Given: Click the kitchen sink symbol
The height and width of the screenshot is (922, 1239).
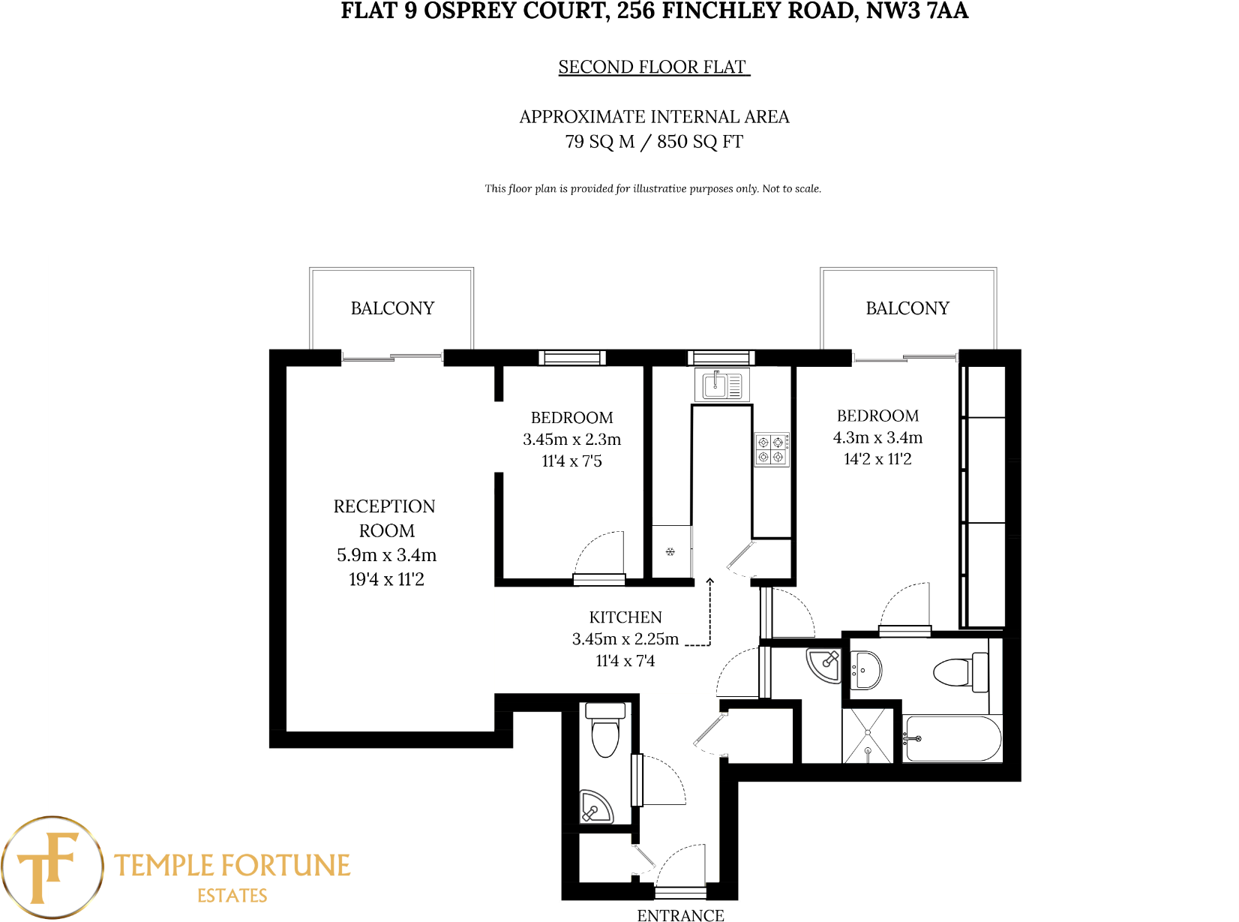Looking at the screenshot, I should pyautogui.click(x=722, y=386).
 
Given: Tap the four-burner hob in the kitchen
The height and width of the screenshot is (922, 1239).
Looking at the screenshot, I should pyautogui.click(x=771, y=449).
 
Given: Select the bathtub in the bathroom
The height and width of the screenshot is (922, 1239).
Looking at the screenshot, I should pyautogui.click(x=952, y=739).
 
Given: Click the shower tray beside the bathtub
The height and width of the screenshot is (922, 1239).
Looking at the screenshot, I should pyautogui.click(x=868, y=735).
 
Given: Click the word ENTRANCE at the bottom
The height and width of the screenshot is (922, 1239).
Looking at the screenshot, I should pyautogui.click(x=680, y=914).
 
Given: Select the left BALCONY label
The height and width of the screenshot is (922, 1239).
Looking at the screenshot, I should pyautogui.click(x=392, y=308).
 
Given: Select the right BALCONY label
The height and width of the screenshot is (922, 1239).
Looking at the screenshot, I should pyautogui.click(x=907, y=308).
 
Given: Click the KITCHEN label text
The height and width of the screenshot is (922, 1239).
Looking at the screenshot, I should pyautogui.click(x=625, y=617).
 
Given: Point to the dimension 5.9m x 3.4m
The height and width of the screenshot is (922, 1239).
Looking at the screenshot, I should pyautogui.click(x=386, y=555).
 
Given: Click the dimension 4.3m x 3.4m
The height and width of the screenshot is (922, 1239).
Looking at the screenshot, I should pyautogui.click(x=877, y=437).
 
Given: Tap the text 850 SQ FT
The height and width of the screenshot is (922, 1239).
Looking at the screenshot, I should pyautogui.click(x=700, y=142).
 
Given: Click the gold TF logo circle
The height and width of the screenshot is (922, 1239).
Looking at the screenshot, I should pyautogui.click(x=51, y=867).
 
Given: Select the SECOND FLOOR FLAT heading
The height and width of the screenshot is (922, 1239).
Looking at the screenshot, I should pyautogui.click(x=652, y=68).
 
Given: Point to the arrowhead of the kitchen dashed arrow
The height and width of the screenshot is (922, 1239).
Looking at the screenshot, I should pyautogui.click(x=709, y=581).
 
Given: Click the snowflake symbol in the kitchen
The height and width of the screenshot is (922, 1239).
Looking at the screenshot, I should pyautogui.click(x=670, y=552).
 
